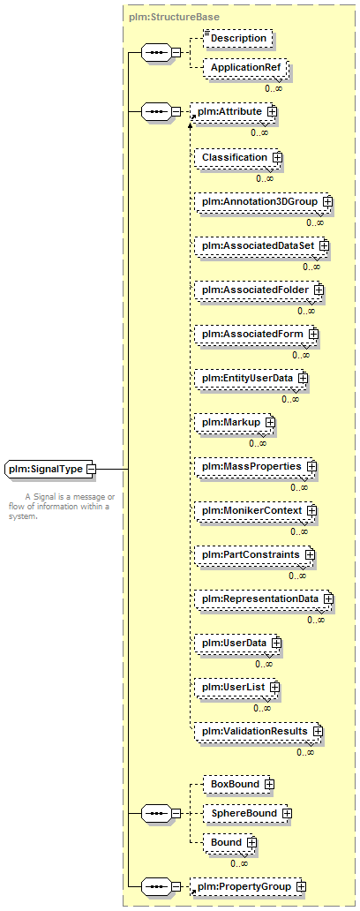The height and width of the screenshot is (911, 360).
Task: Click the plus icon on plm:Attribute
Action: pos(271,110)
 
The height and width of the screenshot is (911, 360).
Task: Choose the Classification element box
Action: pos(238,157)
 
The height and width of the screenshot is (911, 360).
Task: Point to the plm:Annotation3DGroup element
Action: pos(264,201)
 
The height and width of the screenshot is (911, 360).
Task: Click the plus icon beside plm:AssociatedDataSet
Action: pos(324,245)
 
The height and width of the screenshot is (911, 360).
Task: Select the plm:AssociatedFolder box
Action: pos(259,290)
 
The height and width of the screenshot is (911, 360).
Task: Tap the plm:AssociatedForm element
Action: pos(257,334)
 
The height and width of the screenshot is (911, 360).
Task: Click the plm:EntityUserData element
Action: pos(251,378)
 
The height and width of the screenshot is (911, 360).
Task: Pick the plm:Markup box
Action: pos(235,422)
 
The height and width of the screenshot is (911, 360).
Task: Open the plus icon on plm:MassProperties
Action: pos(311,467)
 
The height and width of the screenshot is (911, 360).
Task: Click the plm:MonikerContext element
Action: pos(256,510)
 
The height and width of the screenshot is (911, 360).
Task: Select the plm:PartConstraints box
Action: pos(254,554)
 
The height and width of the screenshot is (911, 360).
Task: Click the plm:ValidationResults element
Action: pos(259,731)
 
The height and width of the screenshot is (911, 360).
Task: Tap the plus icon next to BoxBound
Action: pos(269,784)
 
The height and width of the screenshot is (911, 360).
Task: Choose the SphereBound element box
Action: pos(247,813)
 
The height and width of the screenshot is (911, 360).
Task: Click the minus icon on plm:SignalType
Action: pos(91,469)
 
